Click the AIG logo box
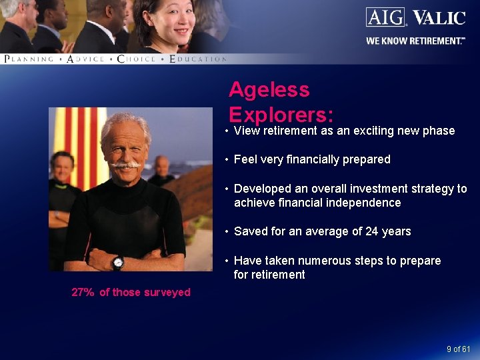click(x=385, y=17)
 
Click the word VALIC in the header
click(x=438, y=17)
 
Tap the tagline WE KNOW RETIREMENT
click(x=413, y=41)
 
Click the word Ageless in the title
click(x=269, y=89)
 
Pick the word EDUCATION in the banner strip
click(x=199, y=59)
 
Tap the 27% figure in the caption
click(x=83, y=292)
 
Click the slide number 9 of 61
click(x=459, y=349)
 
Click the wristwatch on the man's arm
click(x=118, y=261)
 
